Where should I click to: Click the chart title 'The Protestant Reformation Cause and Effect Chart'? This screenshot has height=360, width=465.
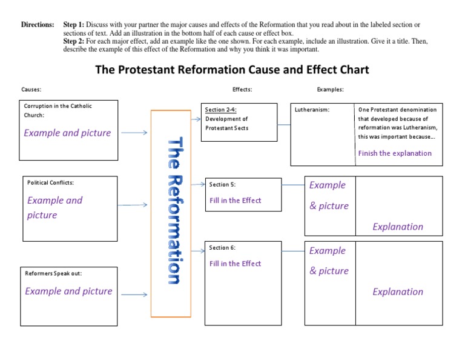[x=232, y=70]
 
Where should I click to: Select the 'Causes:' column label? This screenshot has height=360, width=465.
[x=31, y=90]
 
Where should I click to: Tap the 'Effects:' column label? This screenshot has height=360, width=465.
[x=242, y=90]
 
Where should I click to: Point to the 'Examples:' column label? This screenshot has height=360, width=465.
[x=330, y=90]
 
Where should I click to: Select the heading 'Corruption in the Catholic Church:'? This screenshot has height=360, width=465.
[x=58, y=110]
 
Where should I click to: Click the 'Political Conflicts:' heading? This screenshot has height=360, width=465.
[x=51, y=182]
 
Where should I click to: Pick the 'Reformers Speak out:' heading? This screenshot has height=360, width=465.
[x=53, y=273]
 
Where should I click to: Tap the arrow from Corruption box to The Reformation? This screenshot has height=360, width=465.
[x=133, y=133]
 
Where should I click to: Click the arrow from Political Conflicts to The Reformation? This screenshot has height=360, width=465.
[x=133, y=205]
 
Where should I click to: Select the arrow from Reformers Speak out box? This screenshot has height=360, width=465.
[x=133, y=295]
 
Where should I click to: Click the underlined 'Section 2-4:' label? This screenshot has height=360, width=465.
[x=220, y=110]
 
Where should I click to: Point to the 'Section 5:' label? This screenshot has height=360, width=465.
[x=222, y=184]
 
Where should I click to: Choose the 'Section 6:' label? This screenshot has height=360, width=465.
[x=222, y=248]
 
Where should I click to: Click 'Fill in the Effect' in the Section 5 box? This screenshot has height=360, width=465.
[x=235, y=201]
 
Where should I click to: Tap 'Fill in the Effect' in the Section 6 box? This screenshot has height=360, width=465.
[x=235, y=264]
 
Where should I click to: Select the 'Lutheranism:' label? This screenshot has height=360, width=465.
[x=312, y=110]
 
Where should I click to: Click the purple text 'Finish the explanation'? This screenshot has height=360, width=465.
[x=395, y=153]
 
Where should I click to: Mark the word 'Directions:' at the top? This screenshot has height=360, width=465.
[x=38, y=25]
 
